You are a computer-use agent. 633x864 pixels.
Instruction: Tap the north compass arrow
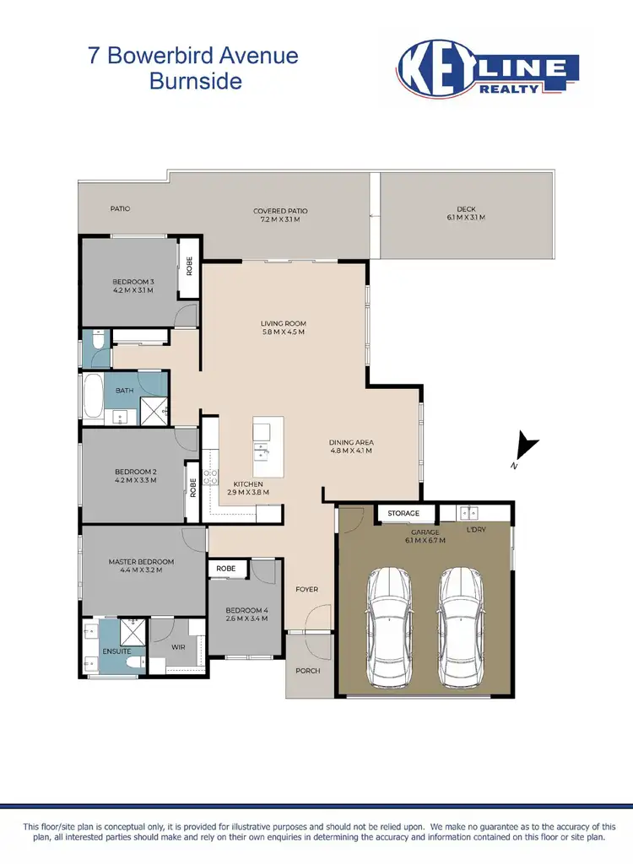(527, 446)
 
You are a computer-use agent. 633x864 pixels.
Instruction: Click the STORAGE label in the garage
(403, 513)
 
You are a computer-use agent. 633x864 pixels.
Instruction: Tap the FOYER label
(307, 589)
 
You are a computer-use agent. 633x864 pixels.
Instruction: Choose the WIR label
(178, 648)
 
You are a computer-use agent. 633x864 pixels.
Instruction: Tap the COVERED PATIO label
(280, 211)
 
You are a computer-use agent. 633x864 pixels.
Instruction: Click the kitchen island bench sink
(263, 448)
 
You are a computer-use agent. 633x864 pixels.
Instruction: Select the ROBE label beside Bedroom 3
(190, 267)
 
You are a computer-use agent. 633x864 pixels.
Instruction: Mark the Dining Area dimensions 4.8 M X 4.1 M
(351, 451)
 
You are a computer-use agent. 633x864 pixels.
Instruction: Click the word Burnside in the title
(196, 82)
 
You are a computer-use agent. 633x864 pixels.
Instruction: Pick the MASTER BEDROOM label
(141, 561)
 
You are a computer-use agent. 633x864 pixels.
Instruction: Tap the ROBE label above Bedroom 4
(226, 569)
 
